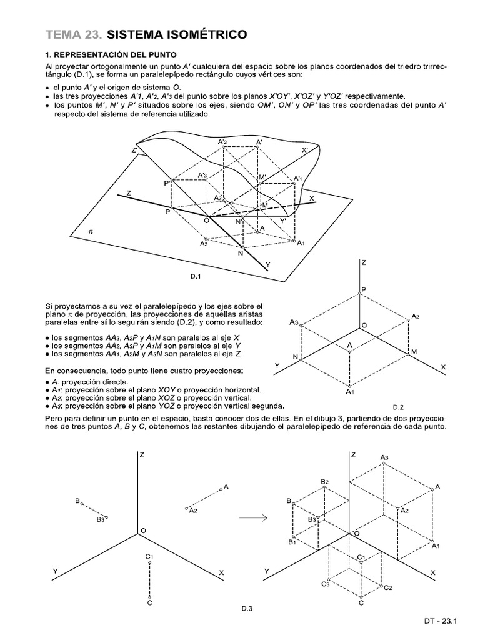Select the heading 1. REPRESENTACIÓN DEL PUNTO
click(106, 54)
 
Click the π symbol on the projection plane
click(91, 231)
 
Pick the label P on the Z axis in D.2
click(364, 290)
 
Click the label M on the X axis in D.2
click(413, 352)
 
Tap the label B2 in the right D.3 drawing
click(324, 481)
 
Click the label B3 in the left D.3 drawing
click(100, 519)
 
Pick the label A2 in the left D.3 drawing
click(193, 511)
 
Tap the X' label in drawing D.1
click(305, 150)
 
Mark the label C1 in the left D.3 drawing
click(149, 556)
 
